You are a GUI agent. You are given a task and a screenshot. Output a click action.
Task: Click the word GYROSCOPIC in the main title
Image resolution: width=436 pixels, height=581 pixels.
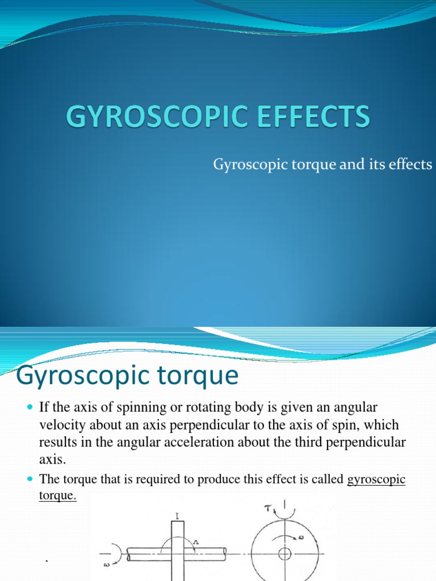pos(146,119)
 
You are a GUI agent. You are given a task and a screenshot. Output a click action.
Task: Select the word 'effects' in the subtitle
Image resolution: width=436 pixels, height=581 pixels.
pos(410,165)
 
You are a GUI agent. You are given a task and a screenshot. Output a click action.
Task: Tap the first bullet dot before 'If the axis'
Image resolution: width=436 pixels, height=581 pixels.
pos(30,408)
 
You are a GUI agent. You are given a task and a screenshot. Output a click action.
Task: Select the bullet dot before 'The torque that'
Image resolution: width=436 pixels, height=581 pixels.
pos(30,480)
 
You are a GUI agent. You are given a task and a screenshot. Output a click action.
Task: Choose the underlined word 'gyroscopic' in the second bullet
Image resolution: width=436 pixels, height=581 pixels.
pos(376,480)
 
